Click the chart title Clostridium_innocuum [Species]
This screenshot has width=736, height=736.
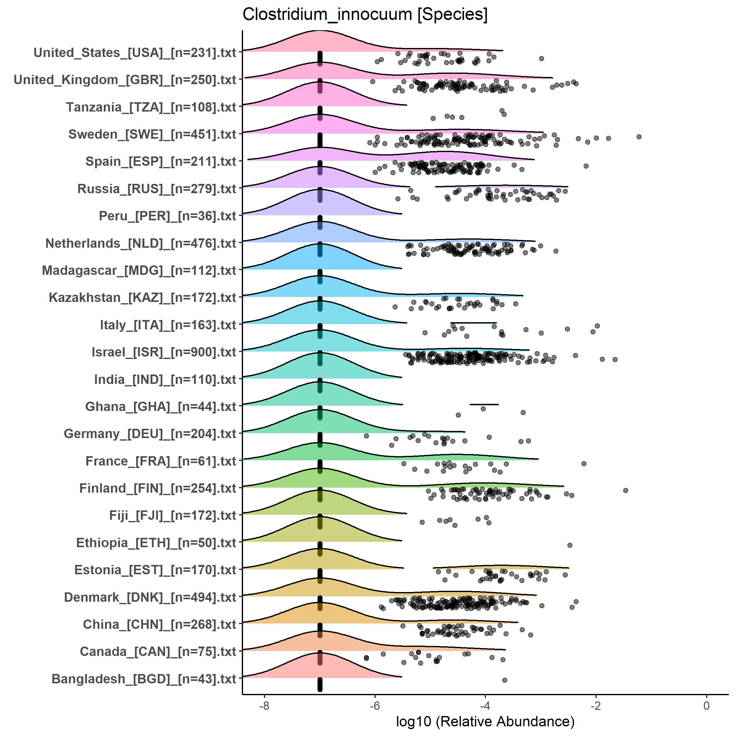[x=365, y=15]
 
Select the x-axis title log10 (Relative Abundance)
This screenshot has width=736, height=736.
[x=485, y=721]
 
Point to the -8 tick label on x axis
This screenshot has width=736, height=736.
[x=264, y=705]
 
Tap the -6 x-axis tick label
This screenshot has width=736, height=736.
[x=375, y=705]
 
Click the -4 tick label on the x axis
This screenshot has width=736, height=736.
[x=485, y=705]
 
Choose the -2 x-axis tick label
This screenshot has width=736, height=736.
[x=595, y=705]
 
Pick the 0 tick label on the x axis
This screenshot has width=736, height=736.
[x=706, y=705]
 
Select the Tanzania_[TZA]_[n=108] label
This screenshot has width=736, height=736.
[x=151, y=107]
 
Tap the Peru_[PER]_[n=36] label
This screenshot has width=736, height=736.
[x=168, y=216]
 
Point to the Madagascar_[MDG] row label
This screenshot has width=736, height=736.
[x=139, y=270]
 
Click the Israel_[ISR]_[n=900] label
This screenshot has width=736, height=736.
[x=164, y=352]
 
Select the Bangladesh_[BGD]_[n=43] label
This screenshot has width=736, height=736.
[x=144, y=679]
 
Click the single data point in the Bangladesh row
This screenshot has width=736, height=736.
[x=504, y=680]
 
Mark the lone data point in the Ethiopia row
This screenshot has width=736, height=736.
[x=570, y=545]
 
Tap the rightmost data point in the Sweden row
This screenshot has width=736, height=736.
[x=639, y=137]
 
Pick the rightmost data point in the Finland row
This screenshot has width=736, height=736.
[x=625, y=490]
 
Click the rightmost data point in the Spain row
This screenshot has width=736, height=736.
[x=586, y=166]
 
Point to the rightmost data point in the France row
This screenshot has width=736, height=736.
[x=584, y=464]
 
